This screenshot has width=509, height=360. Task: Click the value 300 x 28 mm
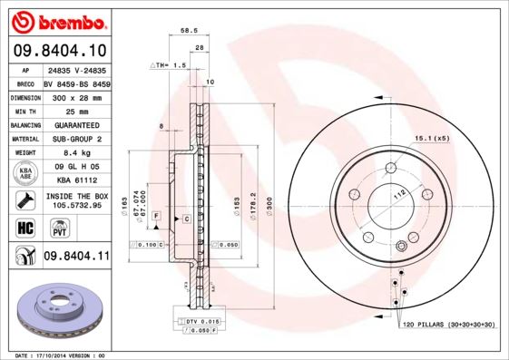click(76, 96)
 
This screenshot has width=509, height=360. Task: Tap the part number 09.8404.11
click(76, 258)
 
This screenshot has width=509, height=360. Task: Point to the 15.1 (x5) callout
click(432, 139)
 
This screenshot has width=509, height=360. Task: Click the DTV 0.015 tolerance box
click(198, 322)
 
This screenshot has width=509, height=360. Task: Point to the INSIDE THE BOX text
click(76, 195)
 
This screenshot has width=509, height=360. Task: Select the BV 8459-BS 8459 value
click(76, 83)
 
